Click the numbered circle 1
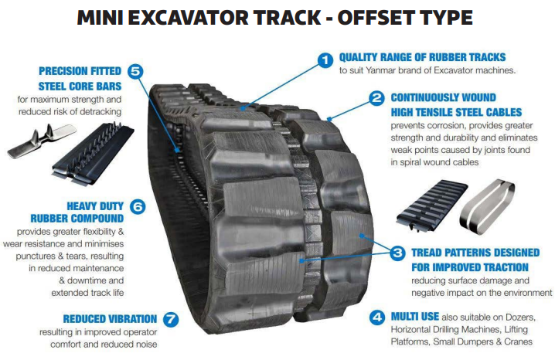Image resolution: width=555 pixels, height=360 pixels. tap(325, 59)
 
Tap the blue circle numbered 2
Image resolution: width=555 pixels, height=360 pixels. tap(376, 98)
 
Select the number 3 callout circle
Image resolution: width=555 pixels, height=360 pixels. tap(397, 253)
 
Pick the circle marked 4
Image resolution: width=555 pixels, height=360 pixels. tap(377, 318)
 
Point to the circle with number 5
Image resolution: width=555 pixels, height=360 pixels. tap(135, 71)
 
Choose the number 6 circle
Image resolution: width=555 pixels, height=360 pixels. tap(138, 206)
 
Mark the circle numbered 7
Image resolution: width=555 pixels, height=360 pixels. tap(171, 319)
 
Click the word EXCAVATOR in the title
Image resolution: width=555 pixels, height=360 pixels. tap(189, 18)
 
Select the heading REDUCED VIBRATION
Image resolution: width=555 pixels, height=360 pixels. tap(110, 319)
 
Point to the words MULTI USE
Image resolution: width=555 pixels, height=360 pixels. tap(415, 317)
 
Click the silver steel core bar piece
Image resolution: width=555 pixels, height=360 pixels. tap(42, 141)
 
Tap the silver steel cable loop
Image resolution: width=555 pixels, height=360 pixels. tap(487, 206)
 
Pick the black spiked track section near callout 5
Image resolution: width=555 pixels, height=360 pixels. tap(93, 154)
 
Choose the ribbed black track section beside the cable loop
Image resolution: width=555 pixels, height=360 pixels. tap(432, 205)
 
